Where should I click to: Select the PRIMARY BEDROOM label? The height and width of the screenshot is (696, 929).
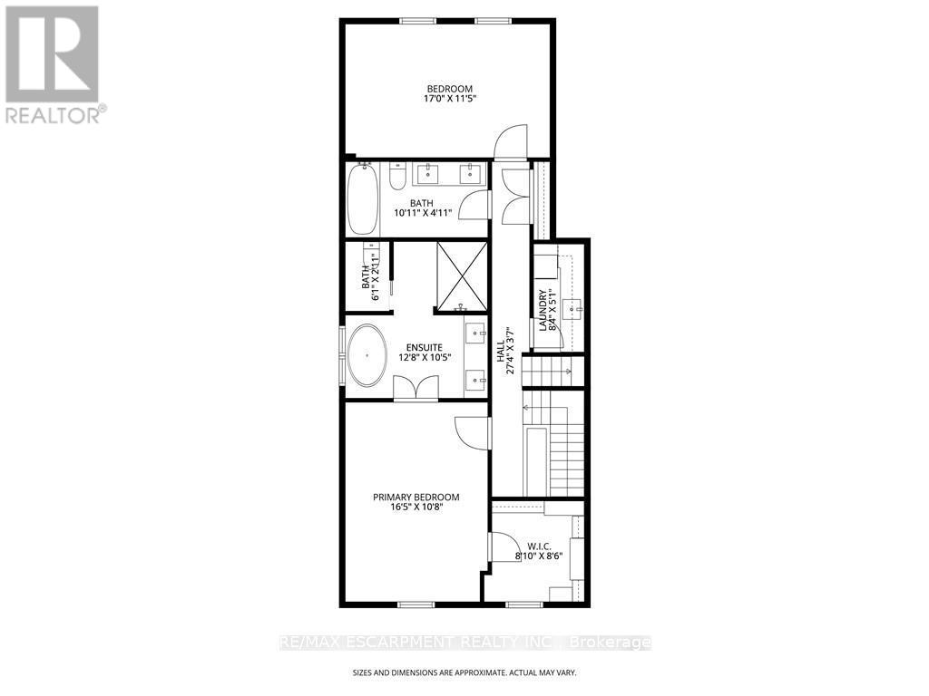(x=416, y=497)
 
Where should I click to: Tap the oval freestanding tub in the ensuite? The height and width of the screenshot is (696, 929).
(x=367, y=355)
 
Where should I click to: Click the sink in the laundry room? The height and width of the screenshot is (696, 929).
(x=573, y=309)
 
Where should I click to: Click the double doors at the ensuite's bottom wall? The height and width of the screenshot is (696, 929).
(x=416, y=388)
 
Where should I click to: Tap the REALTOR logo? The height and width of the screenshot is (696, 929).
(x=54, y=63)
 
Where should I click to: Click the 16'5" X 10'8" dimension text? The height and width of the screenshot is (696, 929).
(x=416, y=507)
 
